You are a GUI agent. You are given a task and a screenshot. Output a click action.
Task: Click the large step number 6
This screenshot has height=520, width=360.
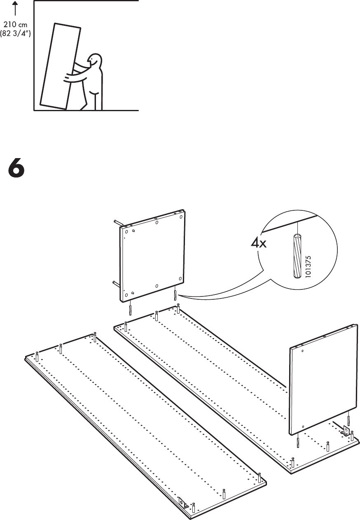(x=16, y=169)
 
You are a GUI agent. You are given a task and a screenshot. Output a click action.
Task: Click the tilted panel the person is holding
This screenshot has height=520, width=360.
(x=60, y=66)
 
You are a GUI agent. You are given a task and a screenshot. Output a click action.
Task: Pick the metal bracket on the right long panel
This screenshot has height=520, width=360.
(x=345, y=431)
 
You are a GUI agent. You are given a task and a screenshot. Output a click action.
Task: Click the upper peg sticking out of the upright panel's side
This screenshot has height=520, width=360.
(x=118, y=224)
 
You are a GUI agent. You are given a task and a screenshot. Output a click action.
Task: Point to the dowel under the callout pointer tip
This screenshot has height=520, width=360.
(x=175, y=295)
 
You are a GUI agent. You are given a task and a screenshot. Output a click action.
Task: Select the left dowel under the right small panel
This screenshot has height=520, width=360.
(x=297, y=442)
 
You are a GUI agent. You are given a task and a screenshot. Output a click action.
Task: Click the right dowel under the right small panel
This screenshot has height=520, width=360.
(x=349, y=420)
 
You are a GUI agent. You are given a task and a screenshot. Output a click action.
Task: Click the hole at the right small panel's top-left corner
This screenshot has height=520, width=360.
(x=302, y=351)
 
